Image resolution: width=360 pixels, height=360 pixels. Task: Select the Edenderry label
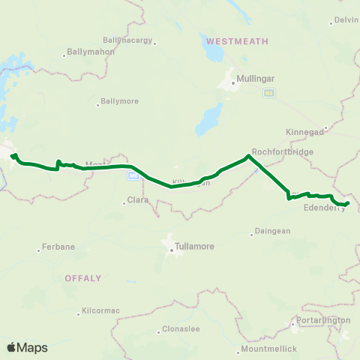pyautogui.click(x=325, y=208)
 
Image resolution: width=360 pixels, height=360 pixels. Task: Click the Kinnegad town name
pyautogui.click(x=304, y=131)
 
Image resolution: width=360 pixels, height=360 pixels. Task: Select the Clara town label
pyautogui.click(x=138, y=200)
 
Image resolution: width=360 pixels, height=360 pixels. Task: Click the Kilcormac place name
pyautogui.click(x=100, y=310)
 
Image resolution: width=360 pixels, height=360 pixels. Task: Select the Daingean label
pyautogui.click(x=271, y=231)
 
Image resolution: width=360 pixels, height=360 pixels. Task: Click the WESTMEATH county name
pyautogui.click(x=237, y=40)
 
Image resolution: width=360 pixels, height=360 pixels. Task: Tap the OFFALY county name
pyautogui.click(x=82, y=277)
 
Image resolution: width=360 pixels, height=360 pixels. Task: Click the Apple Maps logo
pyautogui.click(x=28, y=347)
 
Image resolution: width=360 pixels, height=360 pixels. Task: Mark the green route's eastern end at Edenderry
pyautogui.click(x=348, y=202)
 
